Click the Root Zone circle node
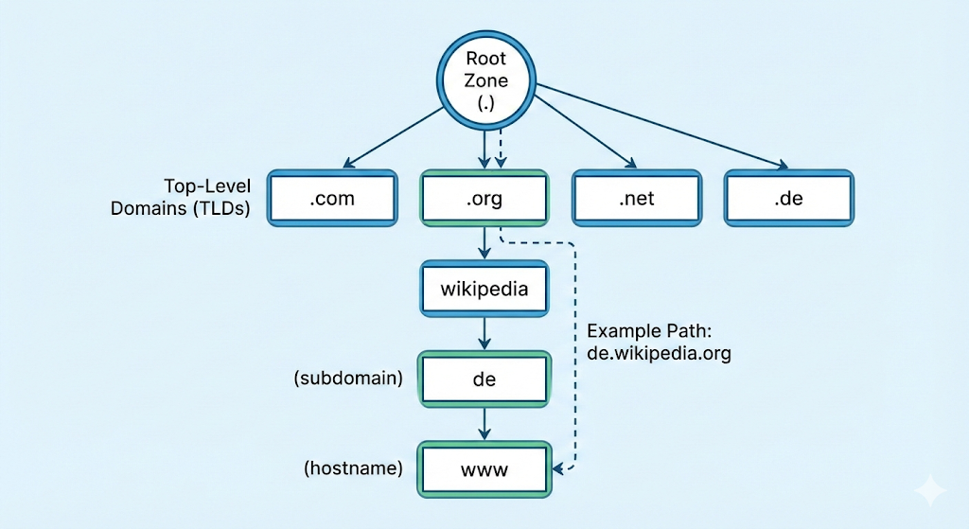[485, 80]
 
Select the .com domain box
[331, 199]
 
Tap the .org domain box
[484, 199]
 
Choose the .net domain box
[637, 199]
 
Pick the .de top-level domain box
[789, 199]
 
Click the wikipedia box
[484, 289]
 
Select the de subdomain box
[484, 379]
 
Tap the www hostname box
[484, 468]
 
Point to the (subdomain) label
[348, 379]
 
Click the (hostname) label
[353, 468]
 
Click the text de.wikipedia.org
[659, 353]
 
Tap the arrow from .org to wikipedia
[484, 243]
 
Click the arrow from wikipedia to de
[484, 333]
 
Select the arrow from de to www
[484, 423]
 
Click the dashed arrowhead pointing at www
[560, 468]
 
